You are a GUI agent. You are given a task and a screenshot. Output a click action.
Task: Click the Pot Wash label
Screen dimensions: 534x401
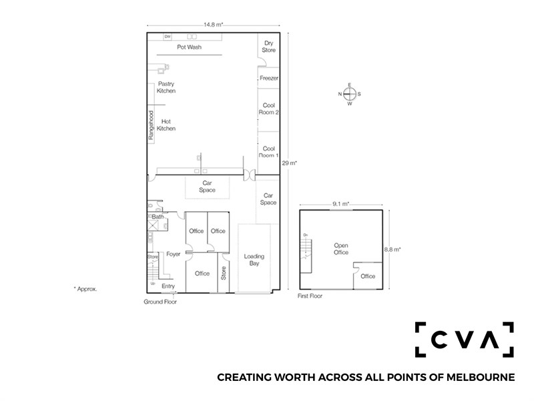(x=189, y=47)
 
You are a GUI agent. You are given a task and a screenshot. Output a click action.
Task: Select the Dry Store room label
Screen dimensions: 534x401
(x=269, y=46)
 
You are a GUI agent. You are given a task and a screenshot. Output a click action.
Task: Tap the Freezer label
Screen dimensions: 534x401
(x=269, y=78)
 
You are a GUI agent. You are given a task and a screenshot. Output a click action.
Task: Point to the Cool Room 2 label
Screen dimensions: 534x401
(x=269, y=109)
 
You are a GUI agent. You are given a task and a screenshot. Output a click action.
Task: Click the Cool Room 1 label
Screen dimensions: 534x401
(x=269, y=152)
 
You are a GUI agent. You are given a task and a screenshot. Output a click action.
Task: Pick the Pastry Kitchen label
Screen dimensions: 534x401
(x=166, y=88)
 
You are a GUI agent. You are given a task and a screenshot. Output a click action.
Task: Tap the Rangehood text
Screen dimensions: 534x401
(x=152, y=125)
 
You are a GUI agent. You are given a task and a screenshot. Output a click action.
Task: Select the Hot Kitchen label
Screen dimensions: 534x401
(x=166, y=125)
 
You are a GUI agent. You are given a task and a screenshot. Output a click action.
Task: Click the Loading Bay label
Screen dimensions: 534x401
(x=254, y=259)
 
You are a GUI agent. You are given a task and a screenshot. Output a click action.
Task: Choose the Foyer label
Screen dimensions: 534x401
(x=174, y=254)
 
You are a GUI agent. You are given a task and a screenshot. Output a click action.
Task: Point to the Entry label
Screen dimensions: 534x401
(x=168, y=286)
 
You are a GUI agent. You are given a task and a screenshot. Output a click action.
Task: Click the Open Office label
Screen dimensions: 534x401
(x=341, y=249)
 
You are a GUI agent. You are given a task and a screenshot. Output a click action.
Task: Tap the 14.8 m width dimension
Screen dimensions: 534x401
(x=213, y=25)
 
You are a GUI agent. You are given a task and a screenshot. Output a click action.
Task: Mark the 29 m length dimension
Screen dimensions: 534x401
(x=289, y=163)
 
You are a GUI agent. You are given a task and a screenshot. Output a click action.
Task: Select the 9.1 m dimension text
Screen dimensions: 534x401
(x=341, y=204)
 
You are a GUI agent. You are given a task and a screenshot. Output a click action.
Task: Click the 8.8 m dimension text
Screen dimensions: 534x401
(x=392, y=249)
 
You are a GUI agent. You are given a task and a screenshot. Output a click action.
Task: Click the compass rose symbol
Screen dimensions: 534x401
(x=349, y=94)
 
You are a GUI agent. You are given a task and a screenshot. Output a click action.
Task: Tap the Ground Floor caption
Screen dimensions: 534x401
(x=160, y=302)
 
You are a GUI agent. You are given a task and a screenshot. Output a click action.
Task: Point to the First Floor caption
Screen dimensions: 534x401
(x=310, y=296)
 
